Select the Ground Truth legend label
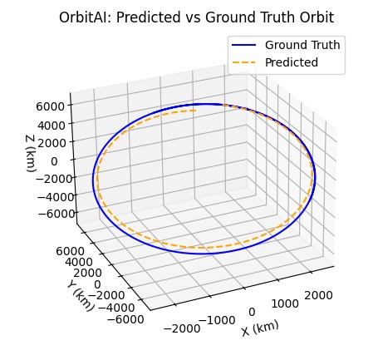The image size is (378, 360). click(302, 45)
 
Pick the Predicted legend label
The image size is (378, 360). click(292, 62)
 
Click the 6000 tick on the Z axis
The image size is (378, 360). click(51, 106)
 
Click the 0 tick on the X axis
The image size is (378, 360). click(251, 311)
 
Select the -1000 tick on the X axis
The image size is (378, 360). click(220, 320)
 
